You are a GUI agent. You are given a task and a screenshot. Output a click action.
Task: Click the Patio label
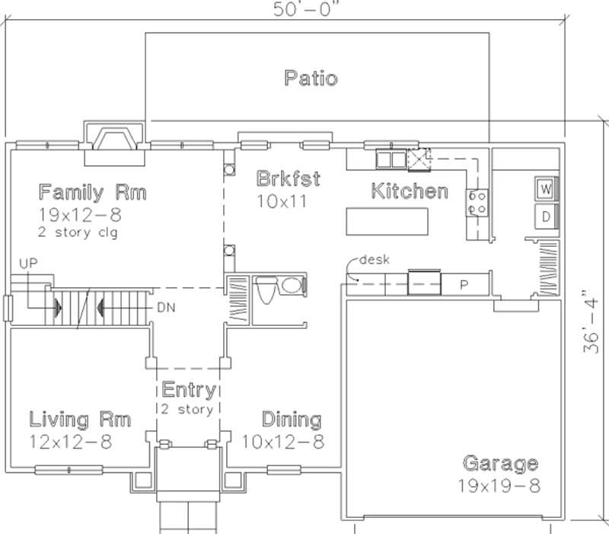tap(311, 78)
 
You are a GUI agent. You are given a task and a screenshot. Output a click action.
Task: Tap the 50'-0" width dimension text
tap(307, 10)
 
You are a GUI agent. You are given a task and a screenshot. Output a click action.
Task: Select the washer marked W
tap(545, 187)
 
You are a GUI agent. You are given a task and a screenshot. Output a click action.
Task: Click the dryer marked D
tap(545, 216)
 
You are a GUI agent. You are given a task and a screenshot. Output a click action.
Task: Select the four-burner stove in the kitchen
tap(477, 203)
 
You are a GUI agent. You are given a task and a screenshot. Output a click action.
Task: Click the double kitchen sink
tap(391, 159)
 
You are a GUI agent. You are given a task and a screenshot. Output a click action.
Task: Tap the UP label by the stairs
tap(27, 263)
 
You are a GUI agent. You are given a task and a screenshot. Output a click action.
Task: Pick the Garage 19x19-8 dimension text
tap(499, 485)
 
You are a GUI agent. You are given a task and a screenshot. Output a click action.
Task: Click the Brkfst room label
tap(288, 180)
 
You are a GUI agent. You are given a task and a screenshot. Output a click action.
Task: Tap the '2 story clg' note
tap(77, 232)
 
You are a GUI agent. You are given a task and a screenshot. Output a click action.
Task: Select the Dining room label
tap(291, 420)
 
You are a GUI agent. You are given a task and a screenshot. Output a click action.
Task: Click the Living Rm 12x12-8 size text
tap(70, 440)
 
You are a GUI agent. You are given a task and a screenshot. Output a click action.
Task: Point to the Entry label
tap(188, 391)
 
